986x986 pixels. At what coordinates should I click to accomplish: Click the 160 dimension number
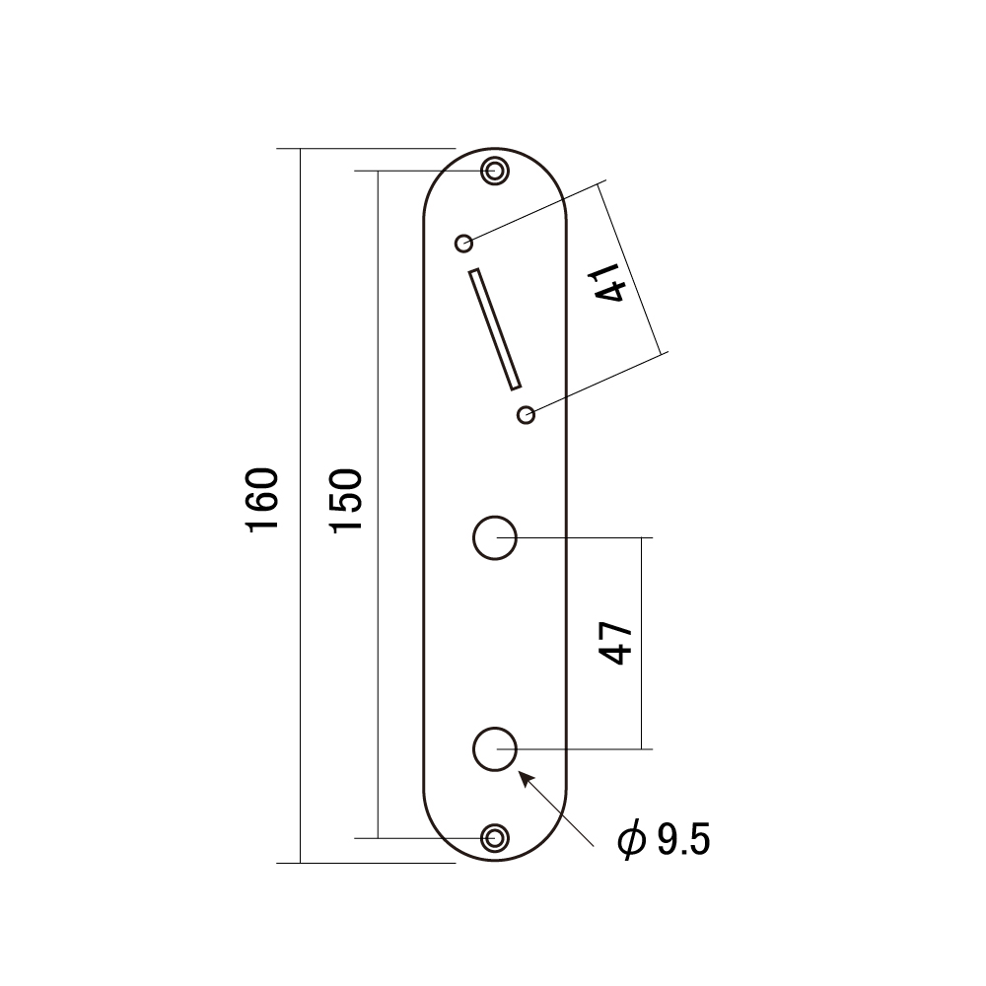click(x=263, y=500)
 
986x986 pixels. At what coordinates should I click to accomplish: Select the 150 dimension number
click(x=347, y=500)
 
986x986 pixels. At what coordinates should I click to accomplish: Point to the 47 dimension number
click(x=615, y=643)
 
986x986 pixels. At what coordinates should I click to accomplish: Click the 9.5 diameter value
click(x=683, y=839)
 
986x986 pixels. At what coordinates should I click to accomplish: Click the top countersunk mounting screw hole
click(x=495, y=171)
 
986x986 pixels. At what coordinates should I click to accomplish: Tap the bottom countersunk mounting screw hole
click(x=495, y=838)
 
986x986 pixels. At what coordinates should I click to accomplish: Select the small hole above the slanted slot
click(x=464, y=243)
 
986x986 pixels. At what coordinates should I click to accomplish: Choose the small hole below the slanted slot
click(x=526, y=415)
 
